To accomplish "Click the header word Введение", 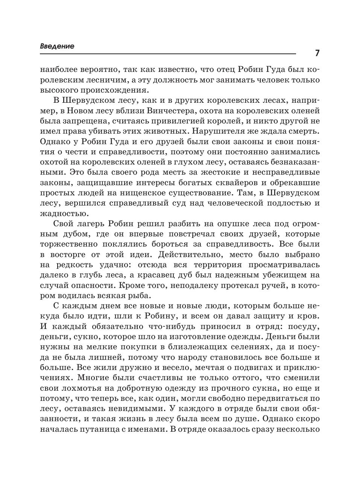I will click(57, 46).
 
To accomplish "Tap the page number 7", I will click(317, 53).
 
